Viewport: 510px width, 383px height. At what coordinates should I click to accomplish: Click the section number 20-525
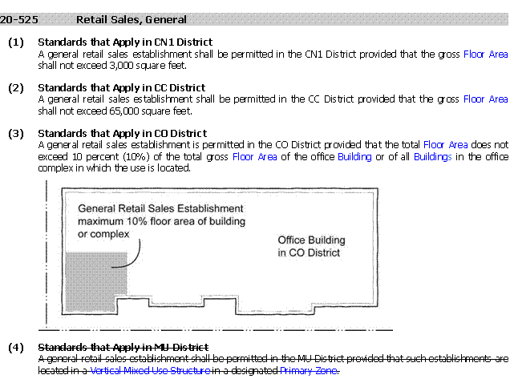(19, 20)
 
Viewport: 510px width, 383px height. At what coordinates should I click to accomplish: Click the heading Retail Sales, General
(132, 20)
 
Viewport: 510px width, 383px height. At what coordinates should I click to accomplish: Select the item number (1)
(16, 42)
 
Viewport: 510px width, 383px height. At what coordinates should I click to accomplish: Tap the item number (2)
(16, 88)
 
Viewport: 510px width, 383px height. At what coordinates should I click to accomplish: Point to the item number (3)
(16, 134)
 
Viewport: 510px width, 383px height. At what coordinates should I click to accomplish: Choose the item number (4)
(16, 348)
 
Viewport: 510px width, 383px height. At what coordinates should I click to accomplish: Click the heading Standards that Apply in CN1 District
(125, 42)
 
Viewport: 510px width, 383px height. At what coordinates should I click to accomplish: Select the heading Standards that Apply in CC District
(122, 88)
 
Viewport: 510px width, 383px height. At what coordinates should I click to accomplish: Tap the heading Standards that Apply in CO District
(123, 134)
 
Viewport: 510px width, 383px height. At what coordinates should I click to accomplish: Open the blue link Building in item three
(354, 157)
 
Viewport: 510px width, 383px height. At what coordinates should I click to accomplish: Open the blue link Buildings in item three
(432, 157)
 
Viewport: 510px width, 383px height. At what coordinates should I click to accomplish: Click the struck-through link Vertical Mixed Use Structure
(150, 371)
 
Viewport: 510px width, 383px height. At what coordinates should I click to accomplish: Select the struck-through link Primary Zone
(309, 371)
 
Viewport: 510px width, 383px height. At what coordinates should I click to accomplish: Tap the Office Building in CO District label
(311, 247)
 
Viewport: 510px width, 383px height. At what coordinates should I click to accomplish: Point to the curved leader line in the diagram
(133, 259)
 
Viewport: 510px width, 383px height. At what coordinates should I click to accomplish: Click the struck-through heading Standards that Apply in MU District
(123, 348)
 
